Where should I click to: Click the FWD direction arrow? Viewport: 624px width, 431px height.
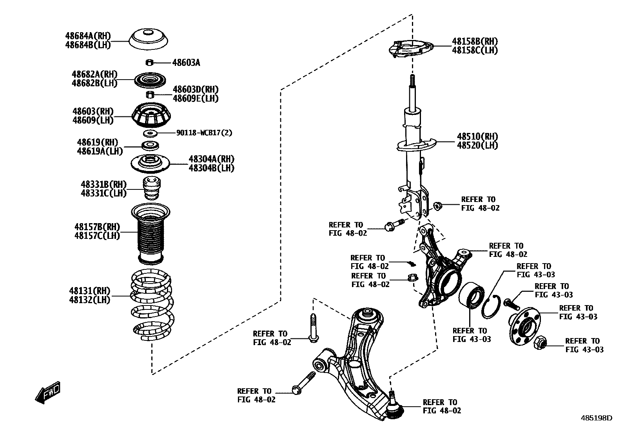click(x=48, y=392)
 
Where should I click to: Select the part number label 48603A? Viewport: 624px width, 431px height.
click(x=186, y=63)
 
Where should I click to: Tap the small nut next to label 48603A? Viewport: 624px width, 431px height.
click(x=149, y=62)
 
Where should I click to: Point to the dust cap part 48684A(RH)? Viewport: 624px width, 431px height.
click(x=149, y=40)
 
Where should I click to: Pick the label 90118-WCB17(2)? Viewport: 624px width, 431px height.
click(x=204, y=133)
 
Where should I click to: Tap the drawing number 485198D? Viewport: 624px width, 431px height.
click(x=596, y=418)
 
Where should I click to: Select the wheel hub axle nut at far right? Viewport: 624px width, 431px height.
click(x=541, y=343)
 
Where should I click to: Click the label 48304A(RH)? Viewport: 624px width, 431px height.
click(x=211, y=159)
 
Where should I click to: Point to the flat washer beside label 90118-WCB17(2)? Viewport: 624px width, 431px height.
click(x=150, y=133)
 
